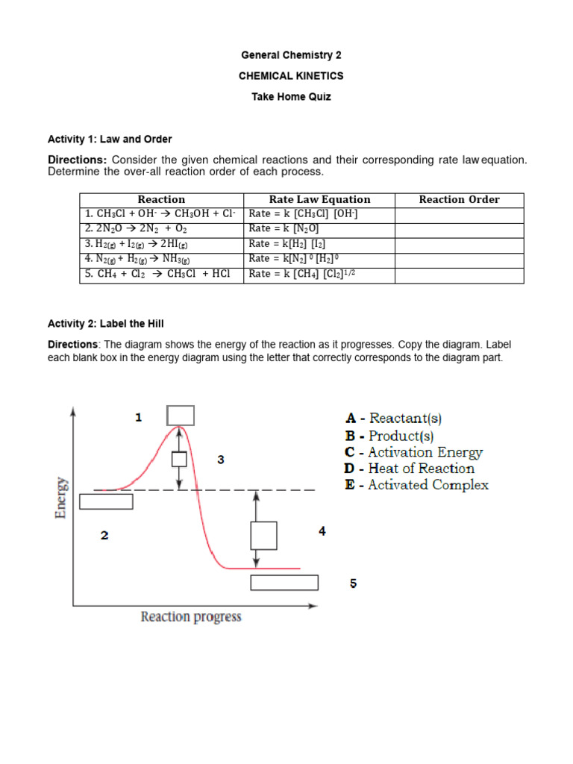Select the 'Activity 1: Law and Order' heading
coord(110,139)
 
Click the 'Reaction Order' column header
coord(459,199)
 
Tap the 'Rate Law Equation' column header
coord(319,199)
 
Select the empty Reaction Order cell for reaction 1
coord(459,214)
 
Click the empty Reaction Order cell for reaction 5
coord(459,274)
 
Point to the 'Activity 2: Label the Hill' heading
coord(105,323)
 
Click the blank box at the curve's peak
coord(181,416)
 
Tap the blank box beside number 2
coord(106,501)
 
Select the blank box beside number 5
coord(284,583)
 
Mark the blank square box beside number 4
coord(263,536)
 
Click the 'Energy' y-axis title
coord(62,498)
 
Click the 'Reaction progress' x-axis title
coord(191,617)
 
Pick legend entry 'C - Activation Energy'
coord(413,452)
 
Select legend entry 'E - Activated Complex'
coord(416,485)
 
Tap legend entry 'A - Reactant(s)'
coord(398,419)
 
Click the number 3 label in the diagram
coord(221,460)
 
